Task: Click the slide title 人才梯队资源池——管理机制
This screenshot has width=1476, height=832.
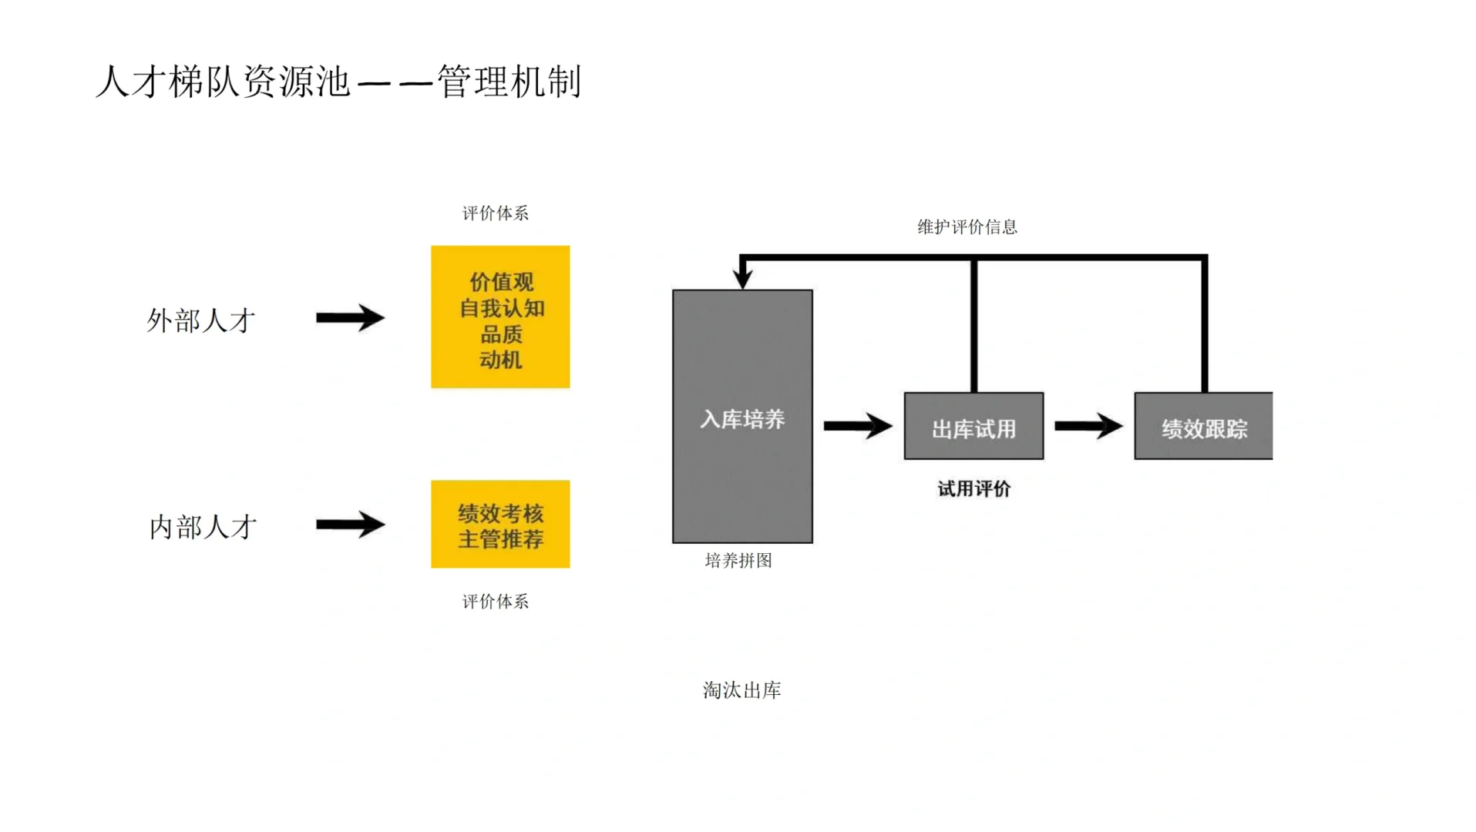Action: pyautogui.click(x=338, y=82)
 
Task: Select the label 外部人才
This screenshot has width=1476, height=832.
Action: pyautogui.click(x=200, y=320)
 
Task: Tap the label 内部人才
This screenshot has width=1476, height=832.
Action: pyautogui.click(x=203, y=527)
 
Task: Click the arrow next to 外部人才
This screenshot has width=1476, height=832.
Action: pyautogui.click(x=350, y=317)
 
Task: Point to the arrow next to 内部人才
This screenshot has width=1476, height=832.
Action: pyautogui.click(x=350, y=525)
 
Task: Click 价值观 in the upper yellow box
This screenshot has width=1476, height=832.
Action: pyautogui.click(x=501, y=282)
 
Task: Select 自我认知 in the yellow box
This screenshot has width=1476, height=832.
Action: pyautogui.click(x=501, y=308)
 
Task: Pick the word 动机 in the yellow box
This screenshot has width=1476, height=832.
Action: pyautogui.click(x=501, y=360)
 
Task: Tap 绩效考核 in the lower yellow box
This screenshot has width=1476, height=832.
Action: pyautogui.click(x=501, y=513)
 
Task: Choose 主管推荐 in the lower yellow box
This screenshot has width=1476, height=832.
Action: pyautogui.click(x=501, y=538)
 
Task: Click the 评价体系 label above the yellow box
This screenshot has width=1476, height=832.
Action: pyautogui.click(x=495, y=213)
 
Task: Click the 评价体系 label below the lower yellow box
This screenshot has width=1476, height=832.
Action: pyautogui.click(x=495, y=602)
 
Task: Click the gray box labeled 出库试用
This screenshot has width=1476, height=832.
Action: pyautogui.click(x=973, y=428)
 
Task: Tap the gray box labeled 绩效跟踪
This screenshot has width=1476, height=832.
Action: pyautogui.click(x=1203, y=428)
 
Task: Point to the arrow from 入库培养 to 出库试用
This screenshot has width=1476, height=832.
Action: pyautogui.click(x=857, y=425)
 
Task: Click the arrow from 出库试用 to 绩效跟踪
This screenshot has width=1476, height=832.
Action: pyautogui.click(x=1088, y=425)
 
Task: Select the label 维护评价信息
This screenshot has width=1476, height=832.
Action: pyautogui.click(x=967, y=227)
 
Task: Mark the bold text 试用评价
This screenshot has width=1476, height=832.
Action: pyautogui.click(x=973, y=489)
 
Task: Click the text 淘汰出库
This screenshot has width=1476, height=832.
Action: pyautogui.click(x=741, y=690)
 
